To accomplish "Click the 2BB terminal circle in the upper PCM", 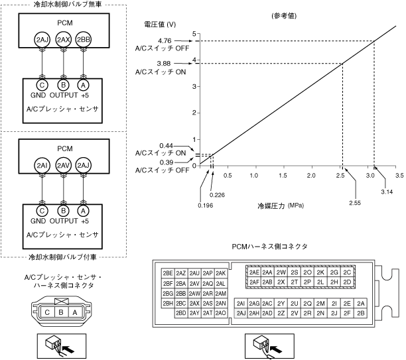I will pos(84,40).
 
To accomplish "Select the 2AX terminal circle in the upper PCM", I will pos(63,40).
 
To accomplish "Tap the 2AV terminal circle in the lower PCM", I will pos(63,165).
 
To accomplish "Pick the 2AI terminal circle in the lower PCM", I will pos(42,165).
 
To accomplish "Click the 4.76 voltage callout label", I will pos(166,41).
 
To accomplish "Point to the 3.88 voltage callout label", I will pos(166,63).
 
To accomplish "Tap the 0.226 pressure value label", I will pos(217,195).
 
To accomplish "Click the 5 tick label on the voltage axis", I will pos(194,34).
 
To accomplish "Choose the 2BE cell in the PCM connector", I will pos(167,273).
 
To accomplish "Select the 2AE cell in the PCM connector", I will pos(253,272).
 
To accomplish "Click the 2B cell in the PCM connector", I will pos(361,312).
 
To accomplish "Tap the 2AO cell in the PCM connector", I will pos(221,312).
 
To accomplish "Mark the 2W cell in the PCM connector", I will pos(281,272).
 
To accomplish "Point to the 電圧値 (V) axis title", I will pos(160,25).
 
